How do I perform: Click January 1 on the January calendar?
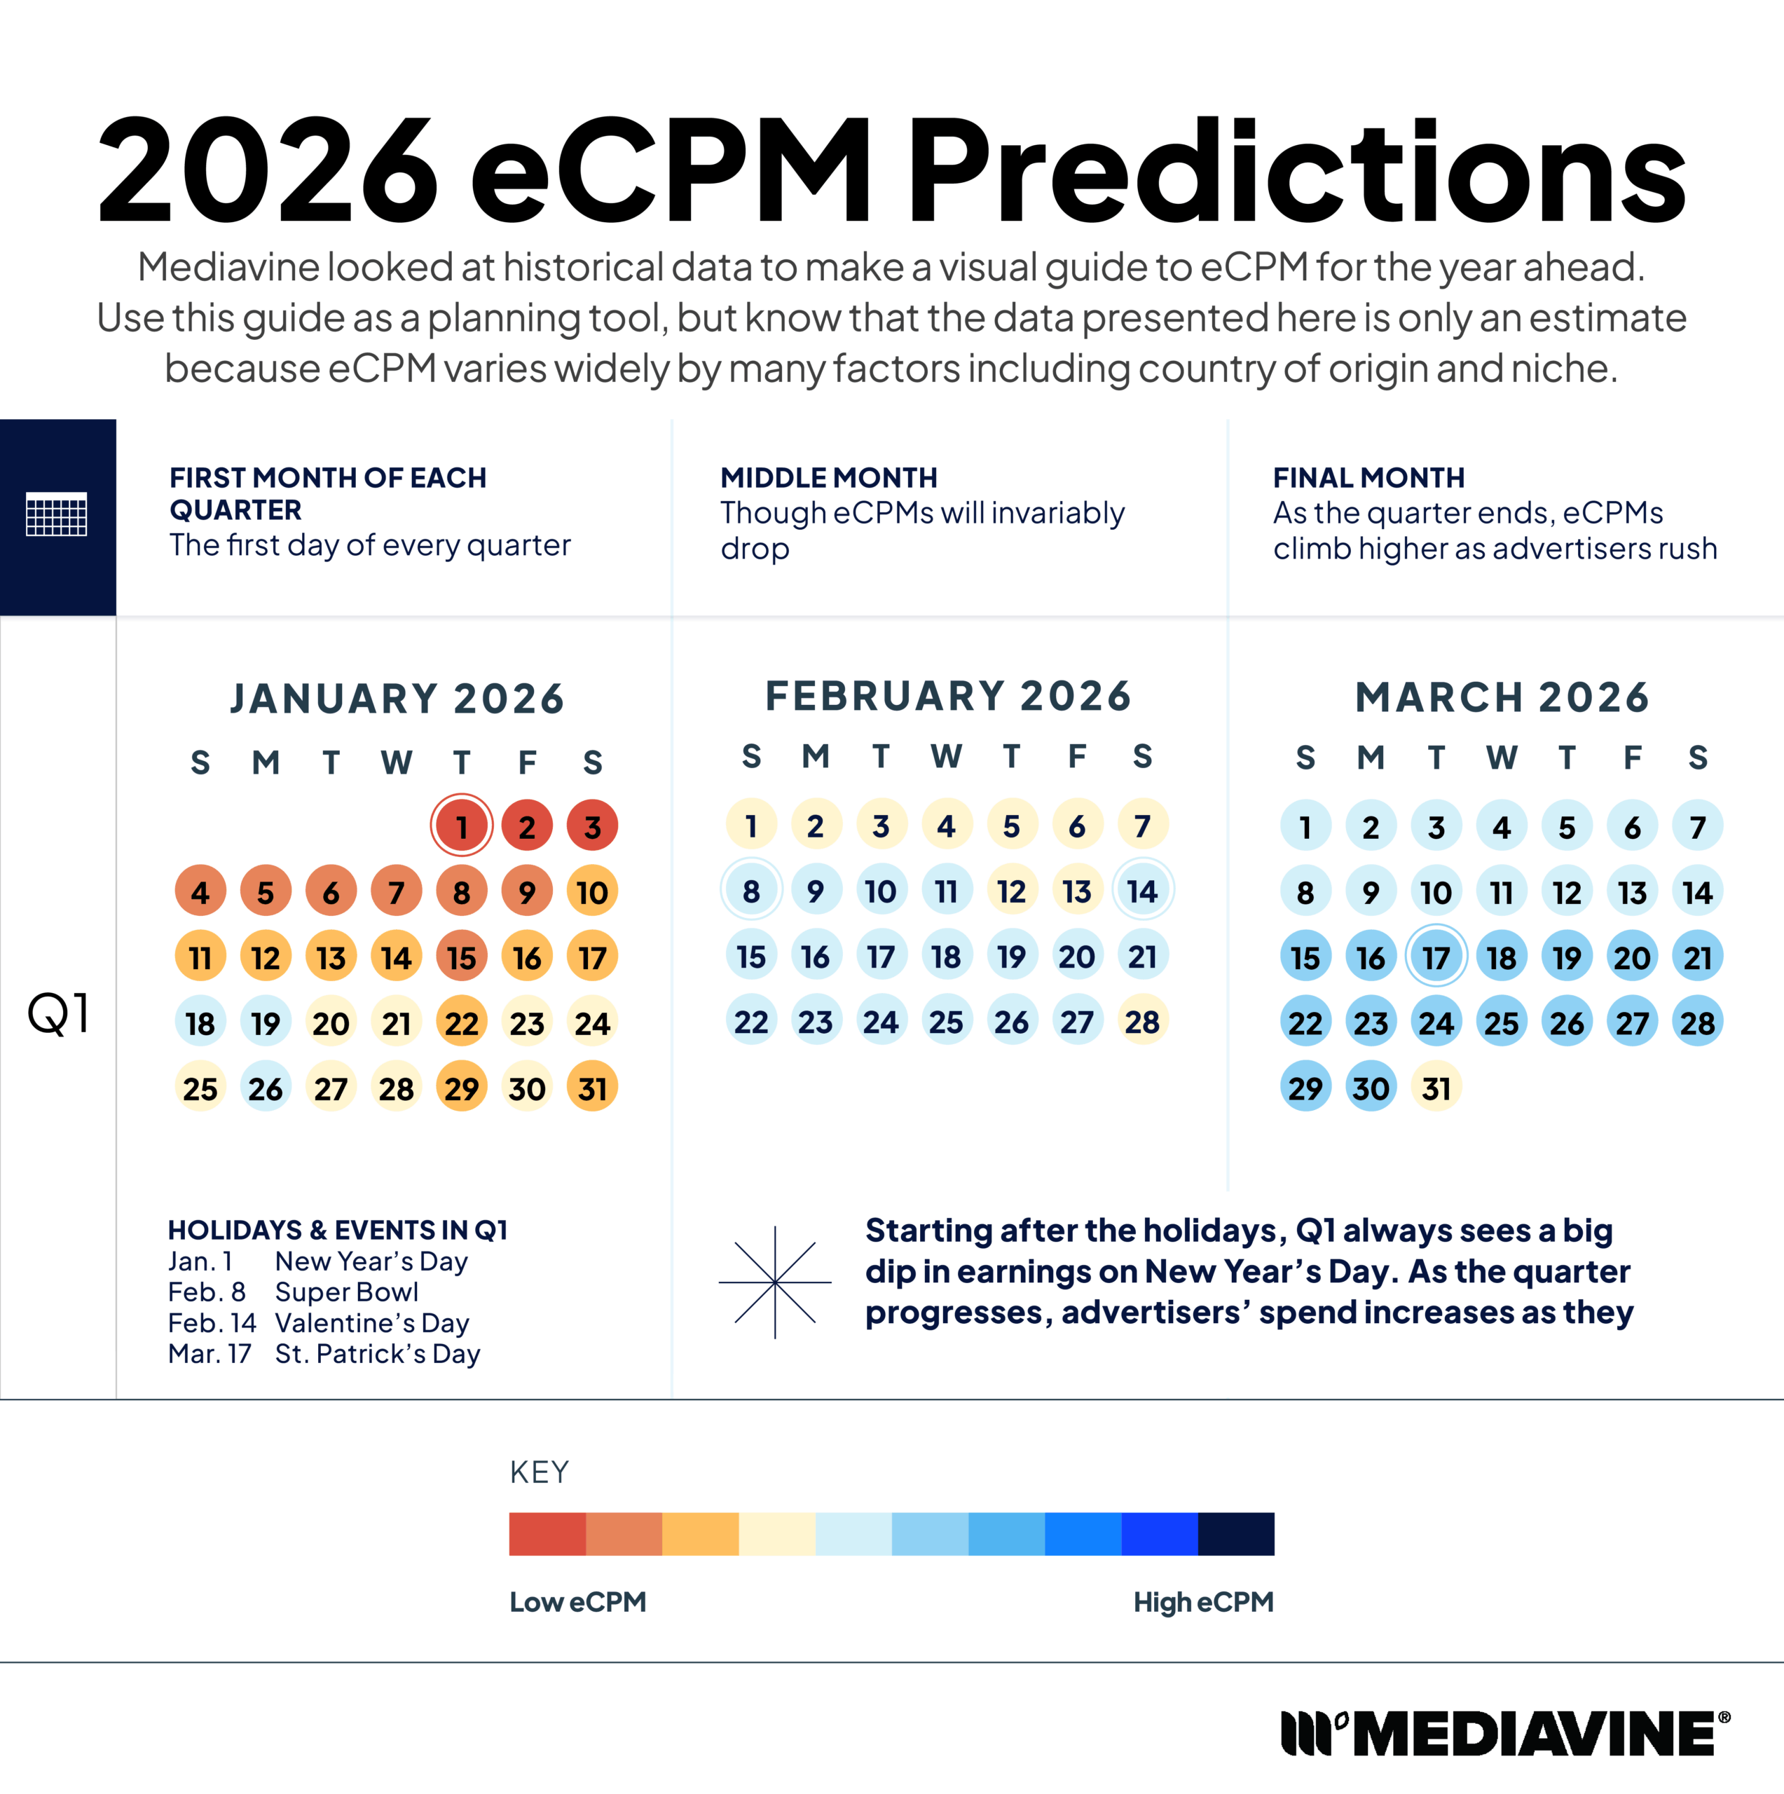click(x=462, y=826)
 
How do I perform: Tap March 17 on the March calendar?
click(x=1436, y=957)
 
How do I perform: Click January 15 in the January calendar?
click(x=462, y=957)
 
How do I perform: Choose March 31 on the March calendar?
click(x=1436, y=1088)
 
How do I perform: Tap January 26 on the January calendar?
click(x=266, y=1088)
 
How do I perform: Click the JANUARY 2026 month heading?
click(x=397, y=698)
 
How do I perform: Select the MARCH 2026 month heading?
click(x=1501, y=697)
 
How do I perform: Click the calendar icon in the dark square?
click(x=57, y=515)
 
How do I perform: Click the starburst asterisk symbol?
click(x=774, y=1282)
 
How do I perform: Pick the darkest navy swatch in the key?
click(x=1235, y=1534)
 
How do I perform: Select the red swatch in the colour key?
click(x=547, y=1534)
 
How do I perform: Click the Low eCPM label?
click(x=577, y=1602)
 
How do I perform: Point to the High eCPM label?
click(x=1202, y=1602)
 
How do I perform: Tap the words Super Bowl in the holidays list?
click(x=346, y=1292)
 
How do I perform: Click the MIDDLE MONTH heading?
click(x=828, y=477)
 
